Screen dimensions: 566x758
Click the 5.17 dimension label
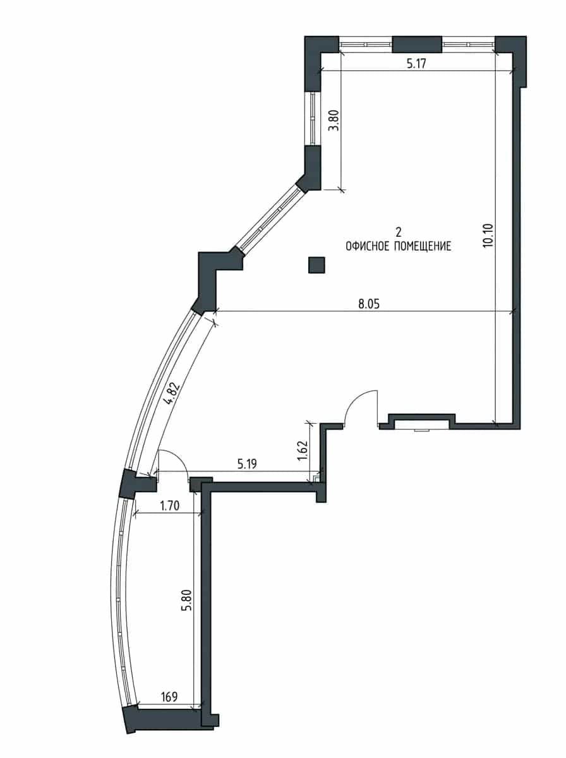click(416, 64)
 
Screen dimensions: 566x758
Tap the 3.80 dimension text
click(335, 120)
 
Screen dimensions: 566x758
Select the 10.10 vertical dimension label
click(489, 235)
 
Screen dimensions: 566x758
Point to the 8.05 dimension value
click(369, 304)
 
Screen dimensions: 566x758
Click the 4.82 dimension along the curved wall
click(172, 394)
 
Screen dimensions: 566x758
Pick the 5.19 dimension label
click(247, 464)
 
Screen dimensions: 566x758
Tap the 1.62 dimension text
click(303, 450)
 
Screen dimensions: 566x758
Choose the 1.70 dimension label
click(169, 506)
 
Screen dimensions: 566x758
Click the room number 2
click(399, 231)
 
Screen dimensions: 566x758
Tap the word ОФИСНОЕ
click(368, 246)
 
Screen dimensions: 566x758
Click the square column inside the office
click(316, 265)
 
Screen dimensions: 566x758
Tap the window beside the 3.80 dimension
click(313, 119)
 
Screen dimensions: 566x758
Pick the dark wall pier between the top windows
click(417, 44)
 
